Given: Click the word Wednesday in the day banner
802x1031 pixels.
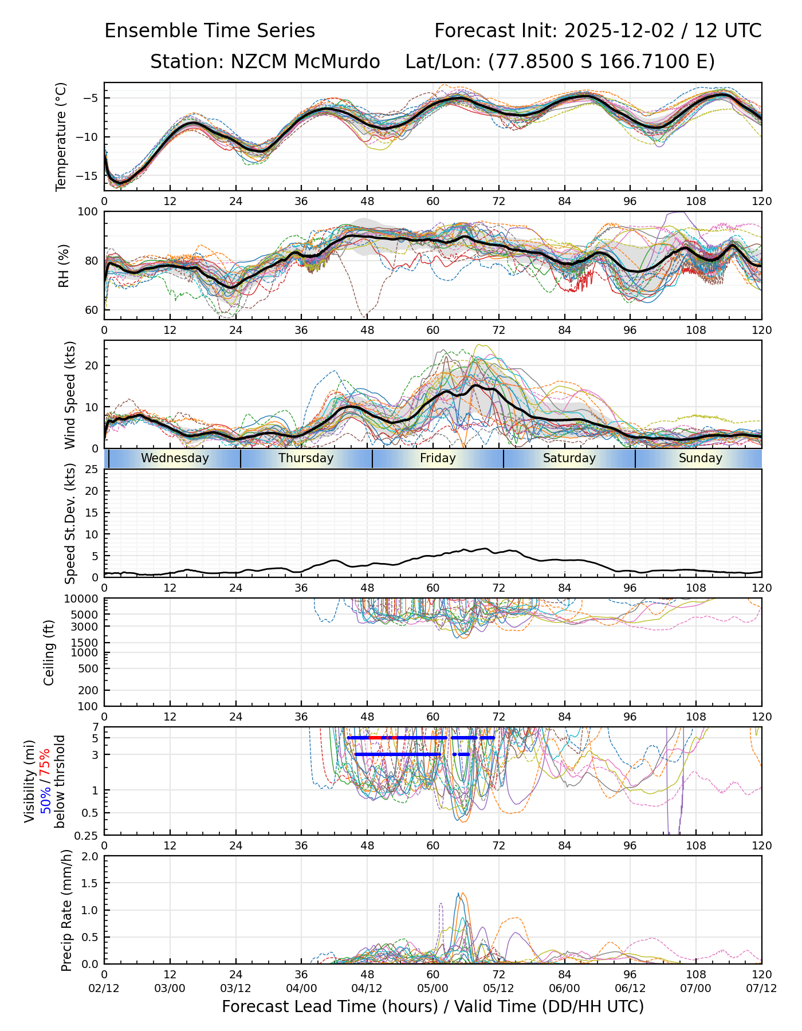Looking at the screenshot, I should pyautogui.click(x=175, y=458).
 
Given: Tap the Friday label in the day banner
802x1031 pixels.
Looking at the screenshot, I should pyautogui.click(x=438, y=458).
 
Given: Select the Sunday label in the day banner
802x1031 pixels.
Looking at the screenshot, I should pyautogui.click(x=700, y=458).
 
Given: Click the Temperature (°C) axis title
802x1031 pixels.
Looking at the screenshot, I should pyautogui.click(x=61, y=136).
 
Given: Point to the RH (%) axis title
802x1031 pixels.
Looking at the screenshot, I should pyautogui.click(x=63, y=265).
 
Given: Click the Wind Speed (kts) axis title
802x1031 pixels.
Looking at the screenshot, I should pyautogui.click(x=70, y=395).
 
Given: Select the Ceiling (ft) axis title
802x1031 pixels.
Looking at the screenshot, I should pyautogui.click(x=49, y=652).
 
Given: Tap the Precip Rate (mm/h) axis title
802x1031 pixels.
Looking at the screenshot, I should pyautogui.click(x=67, y=910).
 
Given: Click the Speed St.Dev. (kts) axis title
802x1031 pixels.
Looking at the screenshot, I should pyautogui.click(x=70, y=524).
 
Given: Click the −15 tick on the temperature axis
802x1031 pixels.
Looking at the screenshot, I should pyautogui.click(x=89, y=176).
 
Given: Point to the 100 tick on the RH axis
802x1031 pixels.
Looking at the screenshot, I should pyautogui.click(x=88, y=212).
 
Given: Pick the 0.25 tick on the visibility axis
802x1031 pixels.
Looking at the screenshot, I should pyautogui.click(x=88, y=835).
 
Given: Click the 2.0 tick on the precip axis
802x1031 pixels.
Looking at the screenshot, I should pyautogui.click(x=91, y=856).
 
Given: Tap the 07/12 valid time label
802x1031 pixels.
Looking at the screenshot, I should pyautogui.click(x=761, y=988).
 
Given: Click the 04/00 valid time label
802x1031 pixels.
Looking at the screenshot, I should pyautogui.click(x=301, y=988).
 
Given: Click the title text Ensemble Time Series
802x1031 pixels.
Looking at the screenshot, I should pyautogui.click(x=210, y=31).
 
